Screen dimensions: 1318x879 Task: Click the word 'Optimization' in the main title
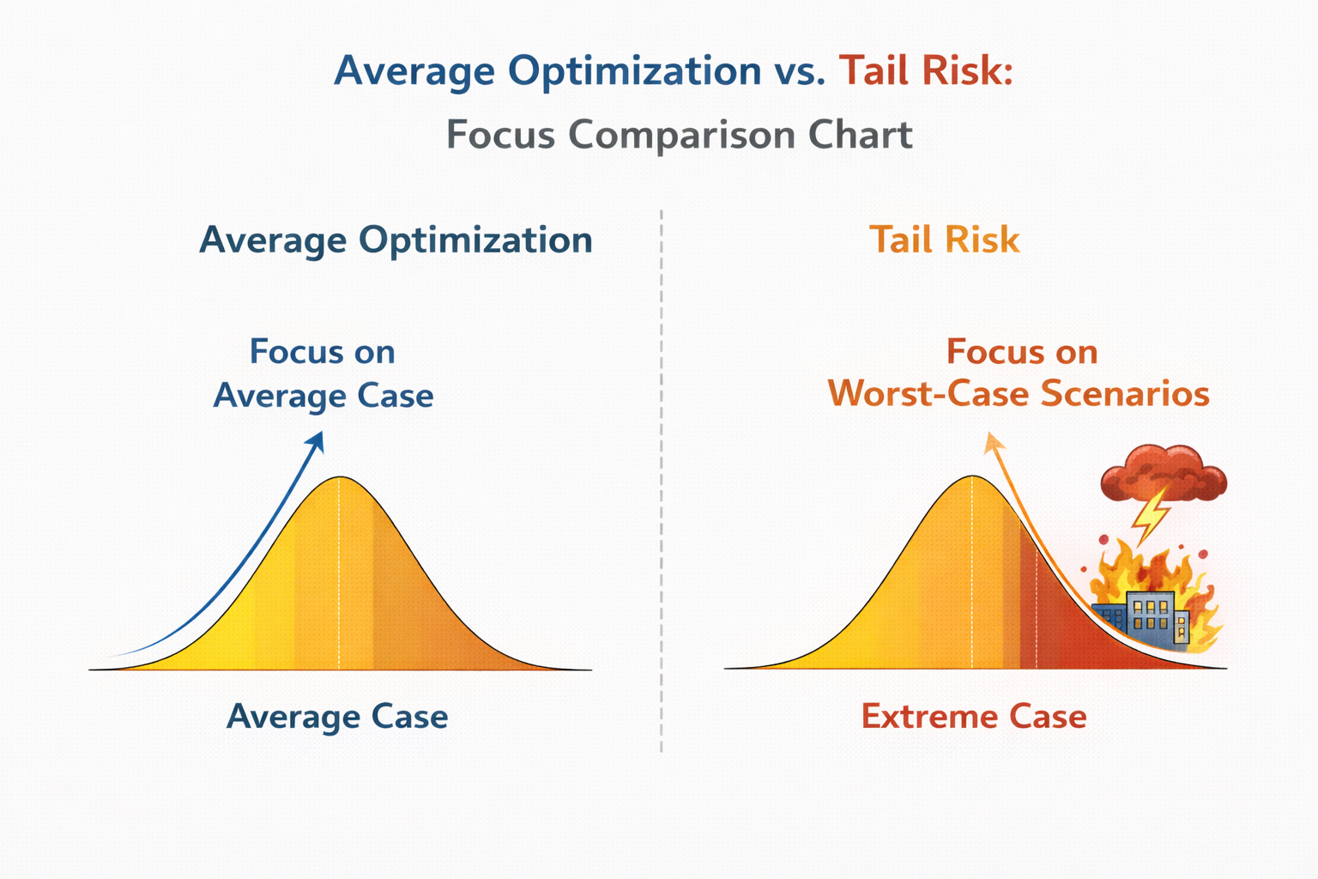pos(635,72)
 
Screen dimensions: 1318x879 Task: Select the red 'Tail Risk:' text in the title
pos(926,70)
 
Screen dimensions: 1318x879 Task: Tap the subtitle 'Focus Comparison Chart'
pos(680,135)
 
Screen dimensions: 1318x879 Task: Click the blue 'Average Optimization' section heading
pos(396,241)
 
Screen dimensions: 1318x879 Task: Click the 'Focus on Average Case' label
pos(323,373)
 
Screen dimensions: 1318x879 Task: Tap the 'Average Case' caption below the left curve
pos(337,717)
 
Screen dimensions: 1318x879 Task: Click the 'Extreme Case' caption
pos(974,717)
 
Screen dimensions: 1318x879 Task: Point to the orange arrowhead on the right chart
pos(993,442)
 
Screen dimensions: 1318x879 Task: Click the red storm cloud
pos(1164,474)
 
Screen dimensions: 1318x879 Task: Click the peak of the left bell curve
pos(340,477)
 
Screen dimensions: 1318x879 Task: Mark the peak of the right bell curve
pos(972,476)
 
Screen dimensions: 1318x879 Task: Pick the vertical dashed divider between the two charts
pos(662,481)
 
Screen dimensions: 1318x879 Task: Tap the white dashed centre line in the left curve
pos(340,573)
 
